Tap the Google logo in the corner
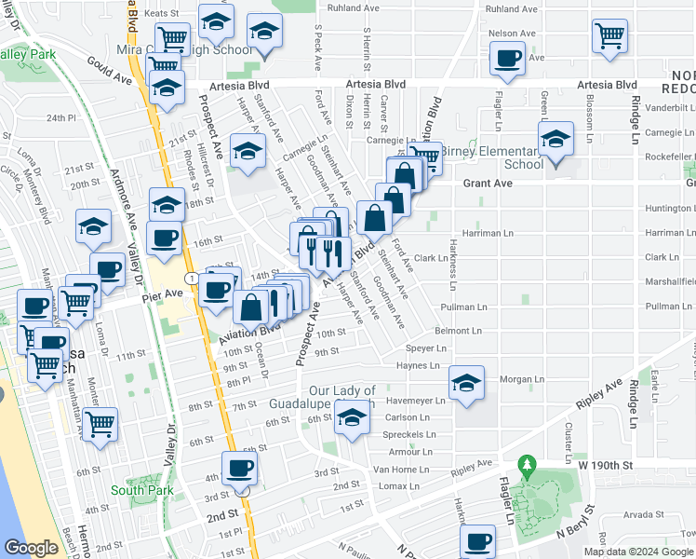[31, 548]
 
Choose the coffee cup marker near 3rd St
[239, 469]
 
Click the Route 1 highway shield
[190, 279]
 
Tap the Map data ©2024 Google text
[638, 552]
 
